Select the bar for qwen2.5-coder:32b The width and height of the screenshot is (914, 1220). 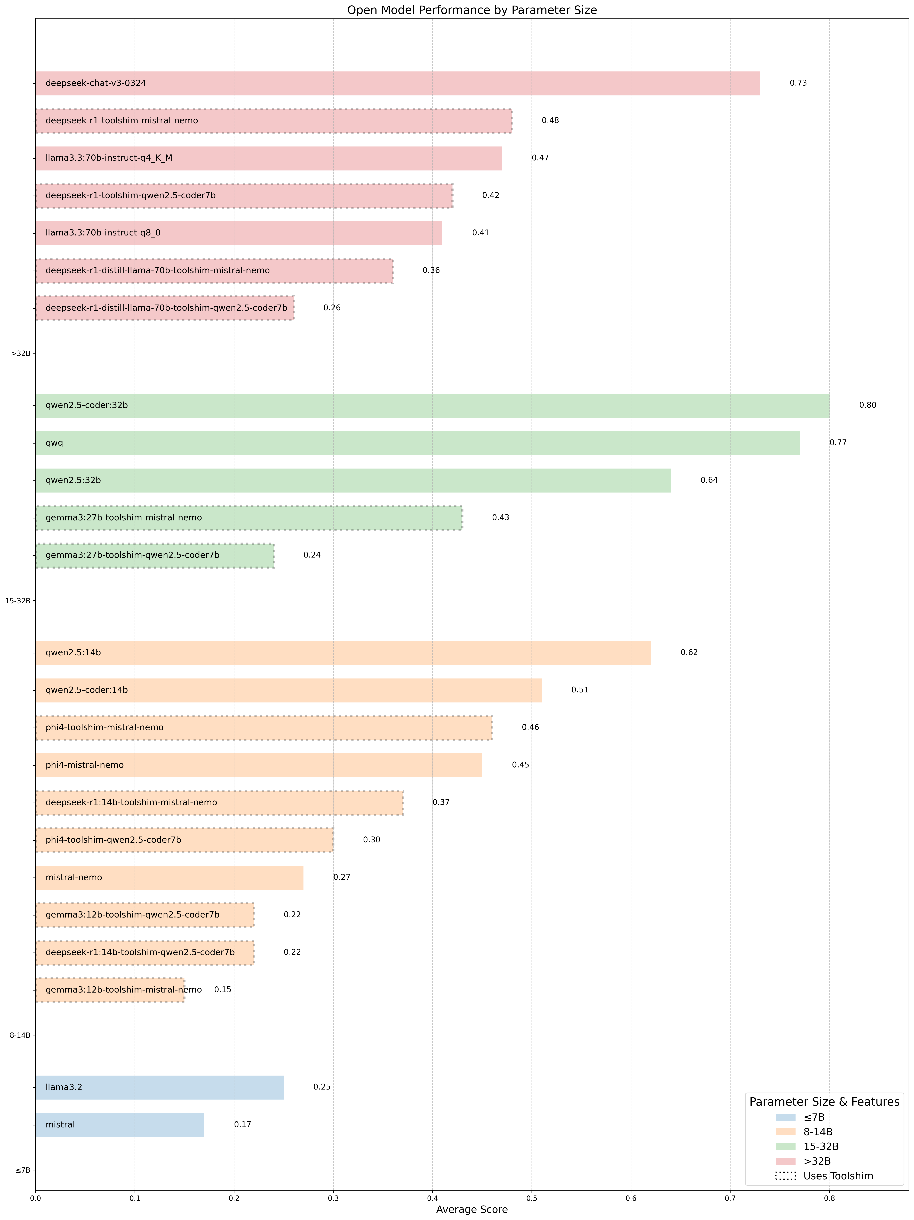[432, 405]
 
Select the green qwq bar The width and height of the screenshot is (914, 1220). [417, 443]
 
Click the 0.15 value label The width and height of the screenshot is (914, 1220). [222, 989]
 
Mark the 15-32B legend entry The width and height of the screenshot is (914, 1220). [821, 1146]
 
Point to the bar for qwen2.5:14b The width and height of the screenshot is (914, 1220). [343, 652]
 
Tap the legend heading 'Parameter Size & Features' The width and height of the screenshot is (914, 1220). [824, 1101]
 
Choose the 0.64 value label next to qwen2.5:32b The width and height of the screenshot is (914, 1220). [709, 480]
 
